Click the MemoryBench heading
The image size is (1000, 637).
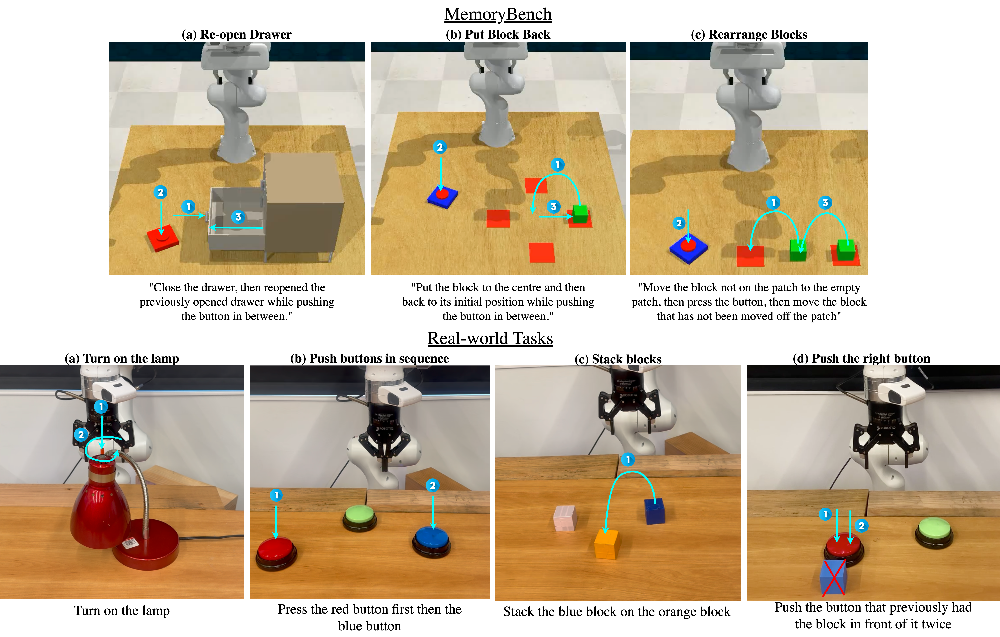click(x=498, y=14)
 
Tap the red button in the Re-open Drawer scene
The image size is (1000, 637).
click(x=163, y=238)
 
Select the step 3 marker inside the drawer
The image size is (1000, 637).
click(x=238, y=217)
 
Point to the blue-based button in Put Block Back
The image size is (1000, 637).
click(x=442, y=197)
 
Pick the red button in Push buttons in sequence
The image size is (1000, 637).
click(x=276, y=553)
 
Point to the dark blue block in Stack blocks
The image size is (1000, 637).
click(x=654, y=511)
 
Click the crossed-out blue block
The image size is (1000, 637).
click(x=833, y=577)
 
